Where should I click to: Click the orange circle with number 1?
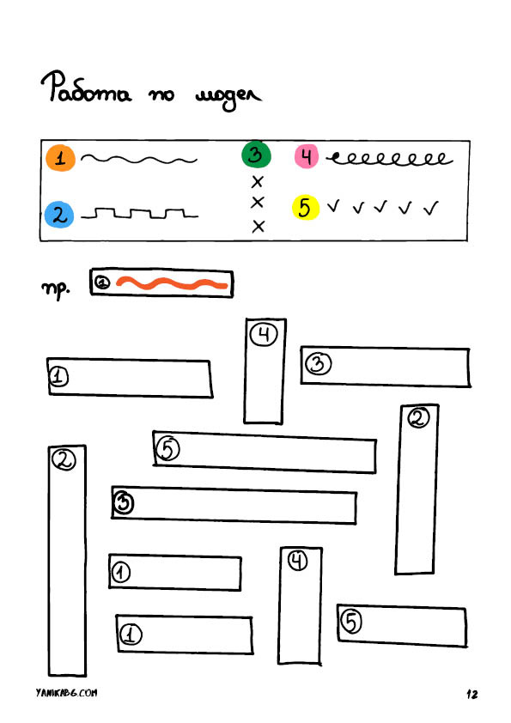tap(60, 158)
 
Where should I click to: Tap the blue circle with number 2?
tap(59, 215)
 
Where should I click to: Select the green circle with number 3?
tap(256, 155)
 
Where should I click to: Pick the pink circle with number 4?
tap(307, 156)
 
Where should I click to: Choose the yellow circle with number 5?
tap(305, 208)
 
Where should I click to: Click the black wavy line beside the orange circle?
tap(139, 160)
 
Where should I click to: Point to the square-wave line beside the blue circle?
tap(139, 214)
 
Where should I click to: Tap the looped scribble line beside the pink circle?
tap(390, 159)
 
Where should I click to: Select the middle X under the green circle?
tap(258, 202)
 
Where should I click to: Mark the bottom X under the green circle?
tap(259, 226)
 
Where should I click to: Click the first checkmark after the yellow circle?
tap(333, 205)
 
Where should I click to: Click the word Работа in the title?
tap(86, 88)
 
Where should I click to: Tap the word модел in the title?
tap(228, 96)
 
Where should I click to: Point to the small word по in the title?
tap(161, 95)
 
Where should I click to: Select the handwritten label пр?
tap(56, 289)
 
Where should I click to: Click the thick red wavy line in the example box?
tap(172, 283)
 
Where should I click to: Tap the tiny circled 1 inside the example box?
tap(103, 282)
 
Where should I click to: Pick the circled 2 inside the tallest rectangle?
tap(64, 459)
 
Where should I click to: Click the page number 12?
tap(471, 694)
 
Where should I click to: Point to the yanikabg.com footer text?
tap(66, 693)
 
